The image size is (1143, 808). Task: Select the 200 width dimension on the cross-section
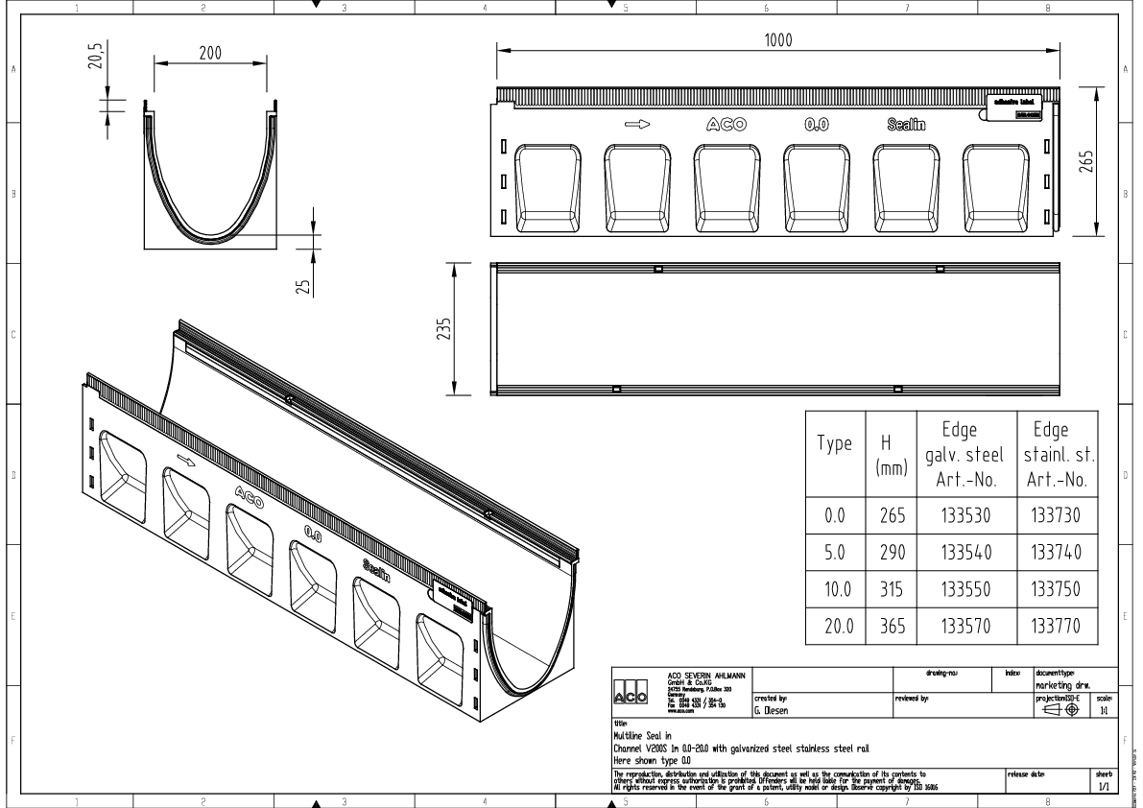211,54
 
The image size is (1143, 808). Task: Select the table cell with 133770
1055,627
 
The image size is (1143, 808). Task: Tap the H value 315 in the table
892,589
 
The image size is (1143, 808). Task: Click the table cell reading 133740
1055,553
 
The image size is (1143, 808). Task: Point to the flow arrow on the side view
638,124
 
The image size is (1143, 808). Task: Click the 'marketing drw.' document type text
1065,685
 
